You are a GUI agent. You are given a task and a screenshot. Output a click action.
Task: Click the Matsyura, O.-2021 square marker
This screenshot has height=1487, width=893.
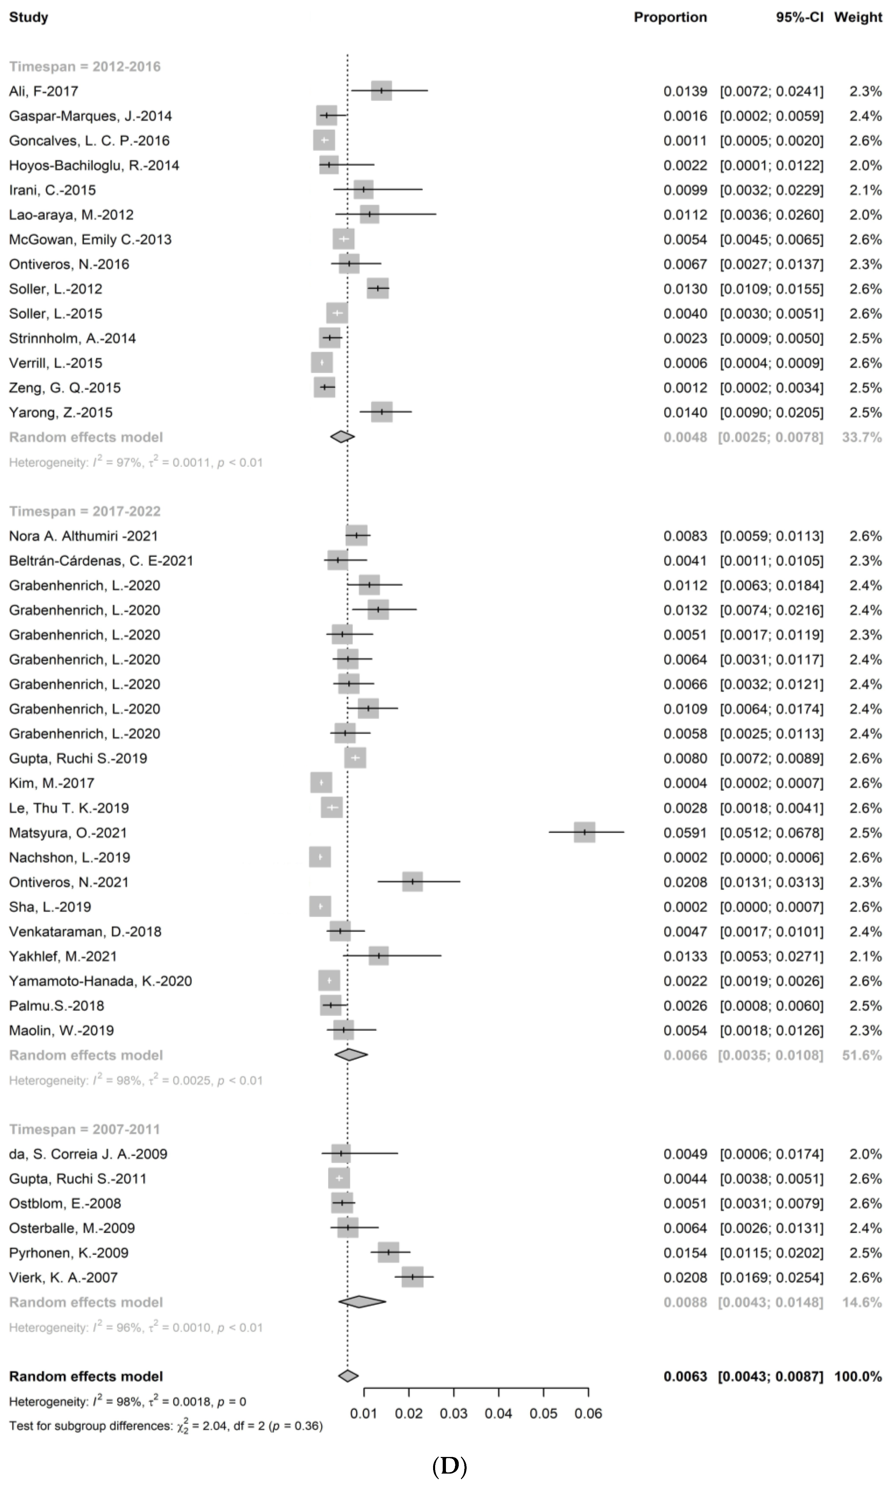584,832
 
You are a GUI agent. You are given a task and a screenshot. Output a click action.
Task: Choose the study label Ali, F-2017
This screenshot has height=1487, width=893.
43,92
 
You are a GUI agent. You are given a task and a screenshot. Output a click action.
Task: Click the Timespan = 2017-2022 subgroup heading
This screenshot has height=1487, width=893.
85,512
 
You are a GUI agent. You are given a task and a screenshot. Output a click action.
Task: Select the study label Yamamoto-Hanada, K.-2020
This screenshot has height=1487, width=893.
101,981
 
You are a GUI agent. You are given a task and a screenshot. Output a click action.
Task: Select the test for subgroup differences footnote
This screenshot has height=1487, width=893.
165,1426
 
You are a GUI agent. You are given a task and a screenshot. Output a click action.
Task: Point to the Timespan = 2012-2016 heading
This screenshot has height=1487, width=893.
85,67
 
